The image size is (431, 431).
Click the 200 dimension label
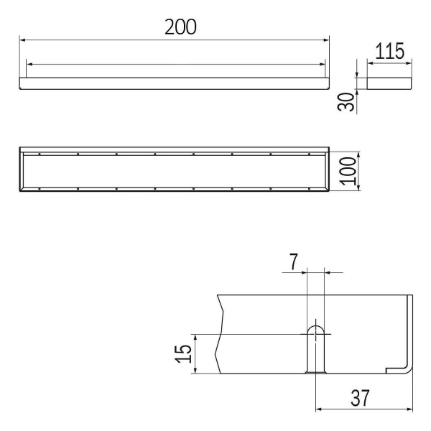point(180,27)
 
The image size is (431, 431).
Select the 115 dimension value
point(390,51)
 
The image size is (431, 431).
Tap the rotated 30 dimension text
point(346,102)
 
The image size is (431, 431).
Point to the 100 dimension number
point(348,171)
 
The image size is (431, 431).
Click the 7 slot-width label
point(294,261)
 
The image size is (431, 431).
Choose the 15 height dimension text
point(183,353)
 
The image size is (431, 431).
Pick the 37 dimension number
point(360,398)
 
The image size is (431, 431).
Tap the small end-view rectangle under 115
point(389,83)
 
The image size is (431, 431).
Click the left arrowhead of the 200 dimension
point(22,40)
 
